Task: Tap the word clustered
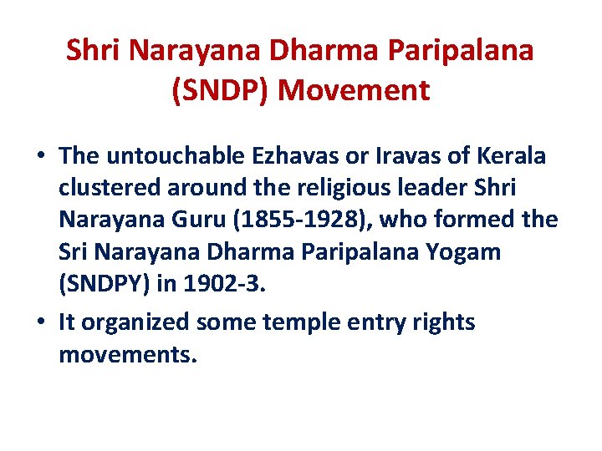(105, 189)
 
